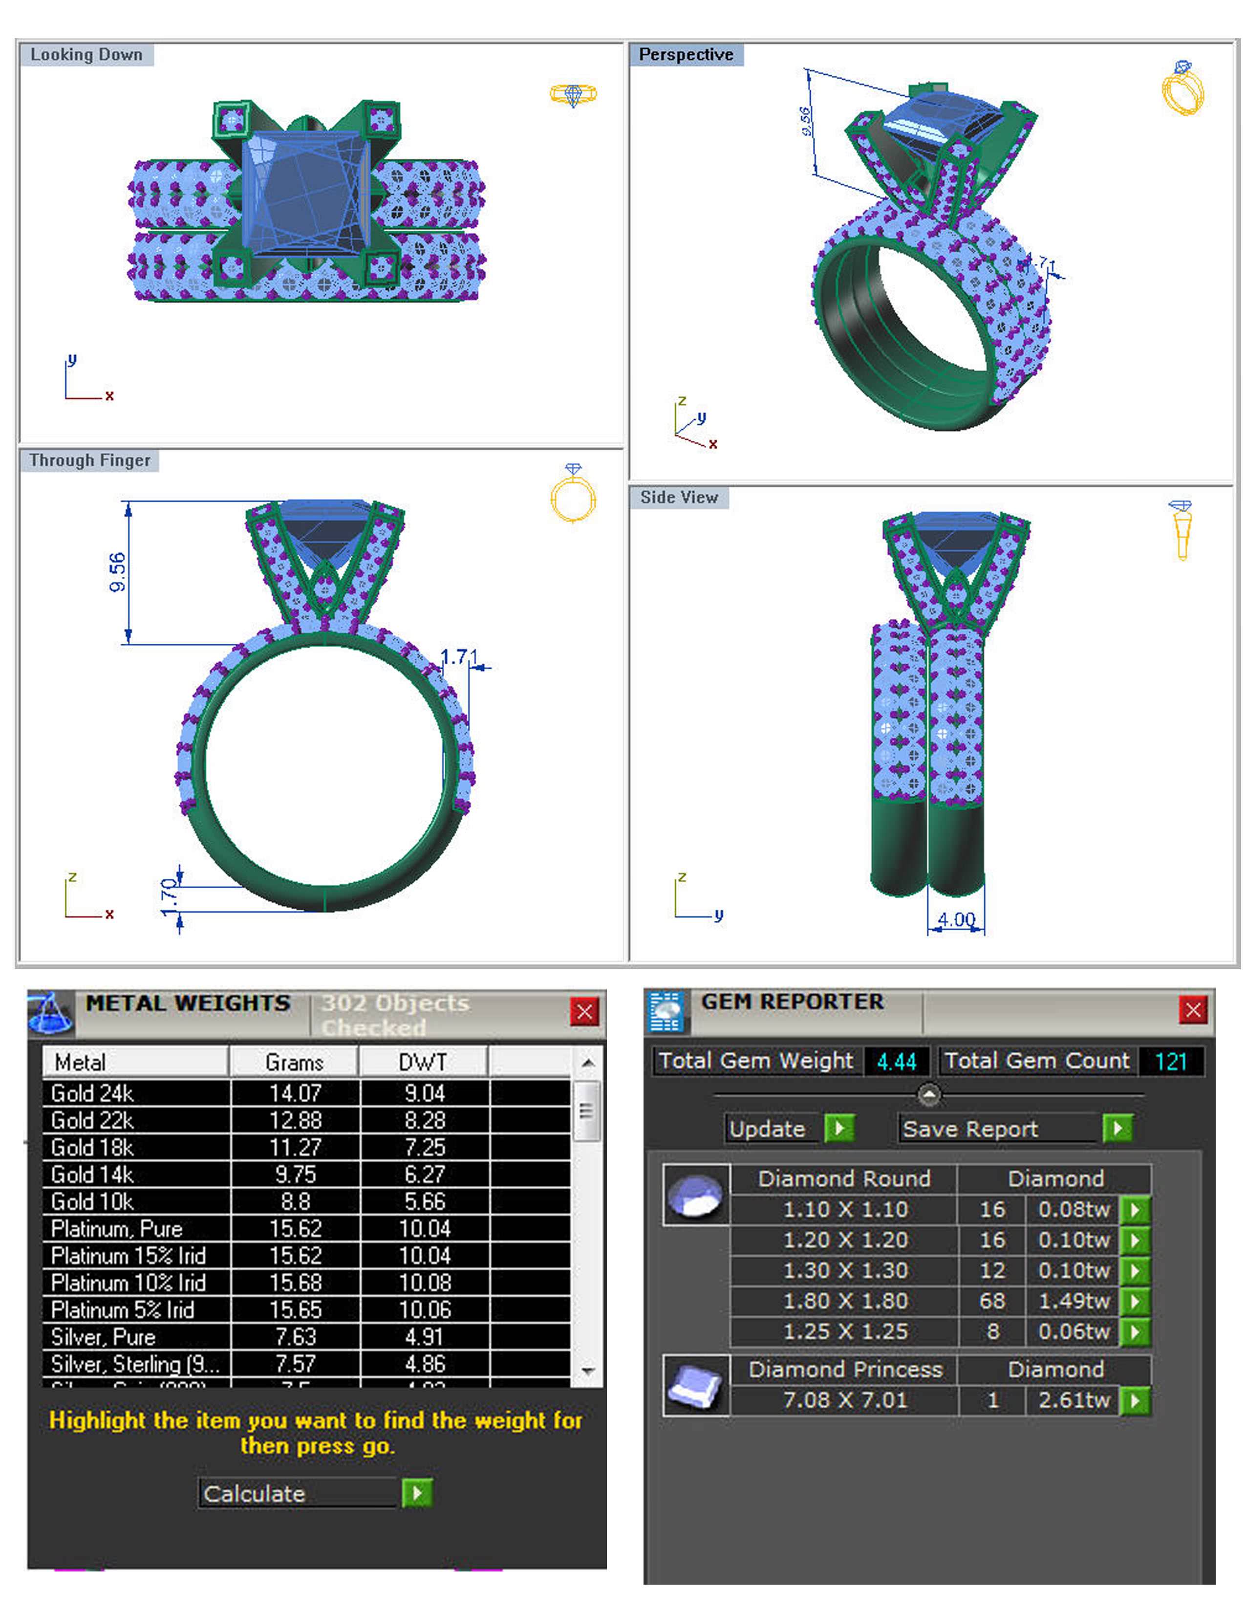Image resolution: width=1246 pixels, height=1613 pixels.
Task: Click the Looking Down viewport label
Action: click(86, 55)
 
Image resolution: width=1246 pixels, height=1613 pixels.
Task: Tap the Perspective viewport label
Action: click(685, 55)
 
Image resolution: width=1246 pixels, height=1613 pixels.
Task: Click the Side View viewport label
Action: click(678, 498)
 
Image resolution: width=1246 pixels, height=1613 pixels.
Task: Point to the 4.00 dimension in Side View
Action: click(956, 919)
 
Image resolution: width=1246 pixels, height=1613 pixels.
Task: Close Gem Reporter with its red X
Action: click(1193, 1010)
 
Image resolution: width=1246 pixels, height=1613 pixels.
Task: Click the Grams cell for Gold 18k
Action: click(295, 1148)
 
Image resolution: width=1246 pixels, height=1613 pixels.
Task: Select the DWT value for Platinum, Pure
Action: click(425, 1229)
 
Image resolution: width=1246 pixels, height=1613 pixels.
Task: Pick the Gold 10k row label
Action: click(92, 1201)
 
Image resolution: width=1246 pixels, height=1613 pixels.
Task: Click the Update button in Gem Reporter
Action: click(768, 1129)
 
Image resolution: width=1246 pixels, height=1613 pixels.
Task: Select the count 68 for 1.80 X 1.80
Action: click(992, 1301)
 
